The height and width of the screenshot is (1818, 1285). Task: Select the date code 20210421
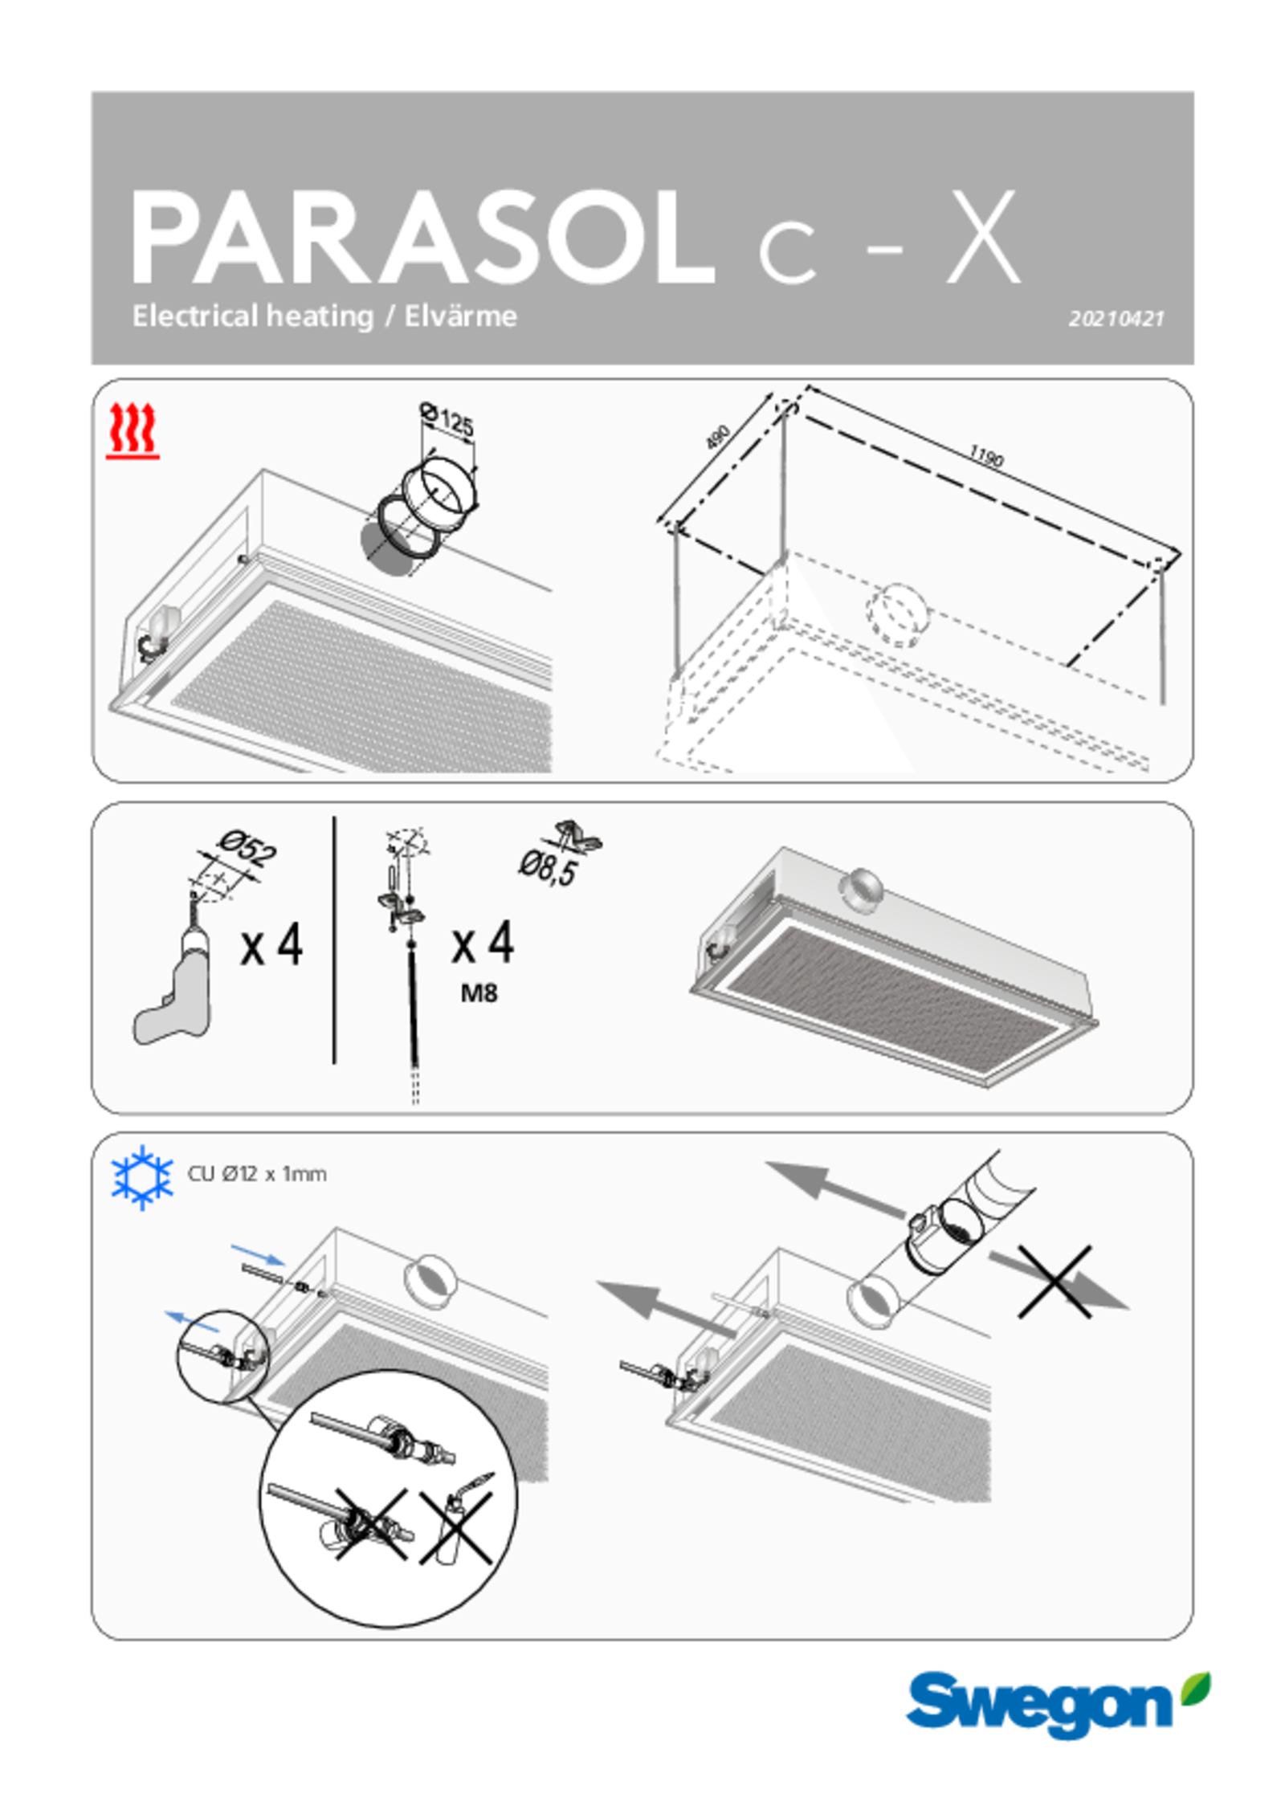point(1116,319)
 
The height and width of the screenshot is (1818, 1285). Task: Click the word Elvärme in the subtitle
point(460,316)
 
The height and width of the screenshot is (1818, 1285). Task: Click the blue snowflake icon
point(142,1177)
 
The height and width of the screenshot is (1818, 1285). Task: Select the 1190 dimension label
point(985,456)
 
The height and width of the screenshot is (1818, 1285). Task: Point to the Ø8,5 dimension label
point(548,868)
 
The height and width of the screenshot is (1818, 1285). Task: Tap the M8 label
point(479,993)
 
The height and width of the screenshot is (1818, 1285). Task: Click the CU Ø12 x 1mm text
point(257,1174)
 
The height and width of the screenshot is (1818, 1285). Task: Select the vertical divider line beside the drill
point(334,940)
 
